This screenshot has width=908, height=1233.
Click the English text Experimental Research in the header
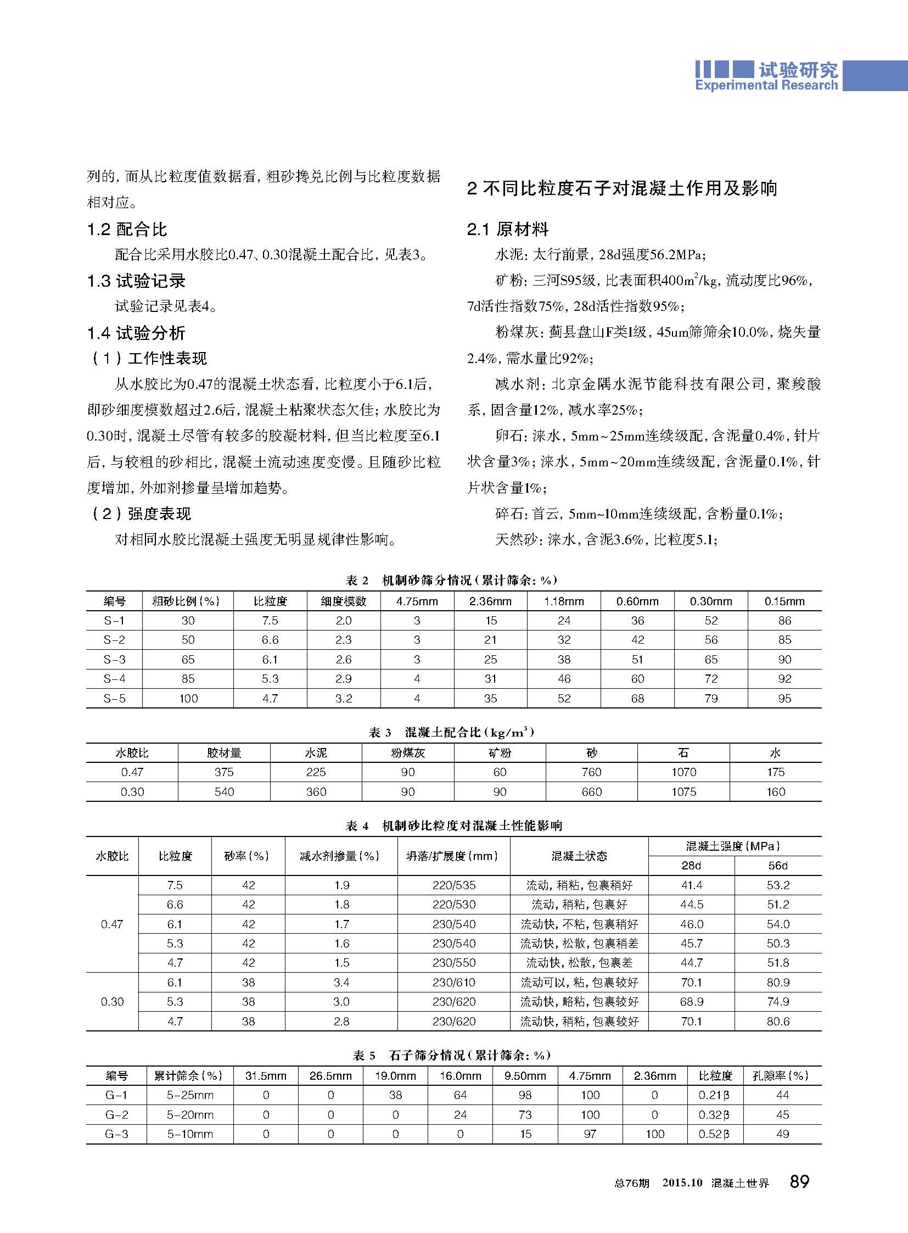766,85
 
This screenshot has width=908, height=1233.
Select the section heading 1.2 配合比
127,230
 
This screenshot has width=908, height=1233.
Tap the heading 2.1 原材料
508,230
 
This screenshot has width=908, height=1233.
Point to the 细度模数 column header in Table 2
344,601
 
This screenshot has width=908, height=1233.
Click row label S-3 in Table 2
114,660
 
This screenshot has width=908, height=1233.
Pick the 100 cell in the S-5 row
188,699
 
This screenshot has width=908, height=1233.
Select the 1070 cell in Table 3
683,772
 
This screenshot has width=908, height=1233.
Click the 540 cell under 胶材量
224,792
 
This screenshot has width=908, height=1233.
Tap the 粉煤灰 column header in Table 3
407,753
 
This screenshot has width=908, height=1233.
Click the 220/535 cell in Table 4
454,885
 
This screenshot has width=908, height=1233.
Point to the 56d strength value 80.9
778,982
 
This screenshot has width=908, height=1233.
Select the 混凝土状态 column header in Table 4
579,856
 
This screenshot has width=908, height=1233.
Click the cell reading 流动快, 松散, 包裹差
579,963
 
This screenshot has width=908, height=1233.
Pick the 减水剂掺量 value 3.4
341,982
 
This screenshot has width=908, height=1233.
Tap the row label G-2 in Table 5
116,1115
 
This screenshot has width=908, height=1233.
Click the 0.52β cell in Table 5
714,1134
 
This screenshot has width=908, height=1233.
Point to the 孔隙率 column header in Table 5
782,1076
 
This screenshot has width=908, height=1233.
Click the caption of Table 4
454,825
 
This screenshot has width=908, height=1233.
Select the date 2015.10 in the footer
683,1183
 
